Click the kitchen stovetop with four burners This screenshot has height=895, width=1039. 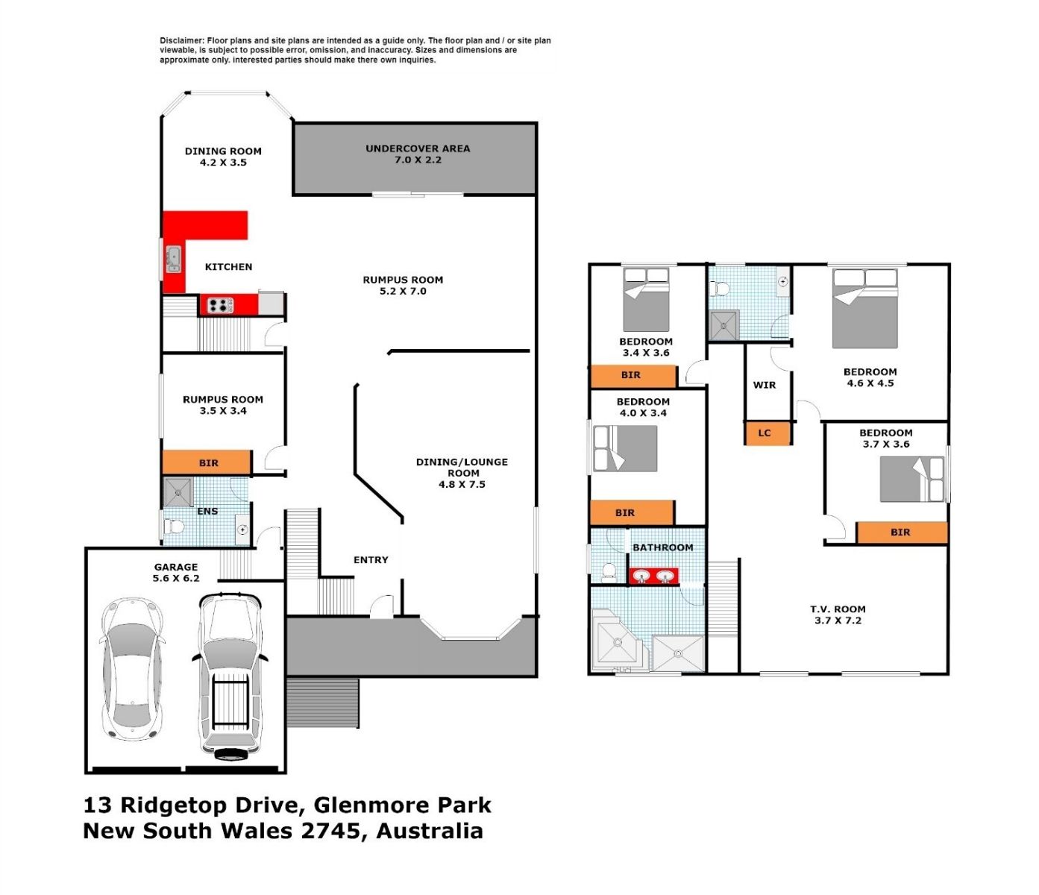[x=220, y=305]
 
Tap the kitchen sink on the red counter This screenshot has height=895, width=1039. [x=174, y=260]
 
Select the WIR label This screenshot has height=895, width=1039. [x=764, y=385]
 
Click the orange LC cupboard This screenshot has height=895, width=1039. [x=767, y=433]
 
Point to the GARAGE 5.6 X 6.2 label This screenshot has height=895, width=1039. [x=176, y=572]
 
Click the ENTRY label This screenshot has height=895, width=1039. [x=371, y=560]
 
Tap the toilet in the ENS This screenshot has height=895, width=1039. [x=174, y=527]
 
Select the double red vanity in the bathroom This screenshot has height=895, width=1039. [x=653, y=576]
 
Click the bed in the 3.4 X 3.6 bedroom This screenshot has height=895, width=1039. [x=646, y=300]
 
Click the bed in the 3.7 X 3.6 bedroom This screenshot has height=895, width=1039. [x=911, y=479]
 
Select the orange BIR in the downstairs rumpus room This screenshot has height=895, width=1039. [x=207, y=462]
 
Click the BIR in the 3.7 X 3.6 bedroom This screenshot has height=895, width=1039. [x=903, y=533]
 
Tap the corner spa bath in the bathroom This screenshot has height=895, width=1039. [x=618, y=639]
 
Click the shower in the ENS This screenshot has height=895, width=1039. [x=178, y=492]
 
